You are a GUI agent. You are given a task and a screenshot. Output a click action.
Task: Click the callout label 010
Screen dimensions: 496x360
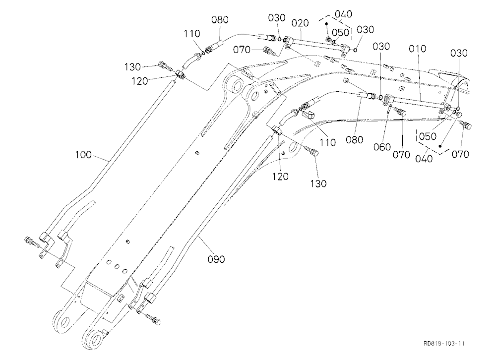point(417,49)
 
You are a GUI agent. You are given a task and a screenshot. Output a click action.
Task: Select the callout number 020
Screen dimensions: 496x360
point(300,23)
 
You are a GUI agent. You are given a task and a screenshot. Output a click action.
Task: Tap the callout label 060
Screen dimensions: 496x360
point(382,147)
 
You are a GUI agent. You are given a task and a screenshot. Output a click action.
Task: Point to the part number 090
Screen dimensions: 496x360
point(216,259)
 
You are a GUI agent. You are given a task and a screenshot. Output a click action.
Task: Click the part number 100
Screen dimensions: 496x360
point(83,155)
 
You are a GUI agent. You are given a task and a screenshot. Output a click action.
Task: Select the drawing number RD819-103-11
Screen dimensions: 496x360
point(444,343)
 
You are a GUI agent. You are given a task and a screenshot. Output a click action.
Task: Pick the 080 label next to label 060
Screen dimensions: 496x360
point(354,139)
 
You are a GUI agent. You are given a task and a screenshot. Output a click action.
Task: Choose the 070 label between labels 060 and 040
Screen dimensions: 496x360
point(401,155)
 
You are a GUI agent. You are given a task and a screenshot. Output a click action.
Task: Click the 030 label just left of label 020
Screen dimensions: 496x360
point(276,18)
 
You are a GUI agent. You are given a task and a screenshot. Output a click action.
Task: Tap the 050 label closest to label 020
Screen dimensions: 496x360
point(340,33)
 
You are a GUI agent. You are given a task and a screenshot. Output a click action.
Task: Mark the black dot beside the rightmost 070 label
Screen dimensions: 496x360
point(440,146)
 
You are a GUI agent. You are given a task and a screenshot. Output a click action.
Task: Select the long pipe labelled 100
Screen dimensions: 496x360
point(108,161)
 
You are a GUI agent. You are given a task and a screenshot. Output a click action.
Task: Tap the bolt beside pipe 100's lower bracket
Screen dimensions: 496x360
point(31,241)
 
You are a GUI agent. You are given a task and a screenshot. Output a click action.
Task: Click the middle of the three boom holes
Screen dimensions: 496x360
point(117,266)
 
